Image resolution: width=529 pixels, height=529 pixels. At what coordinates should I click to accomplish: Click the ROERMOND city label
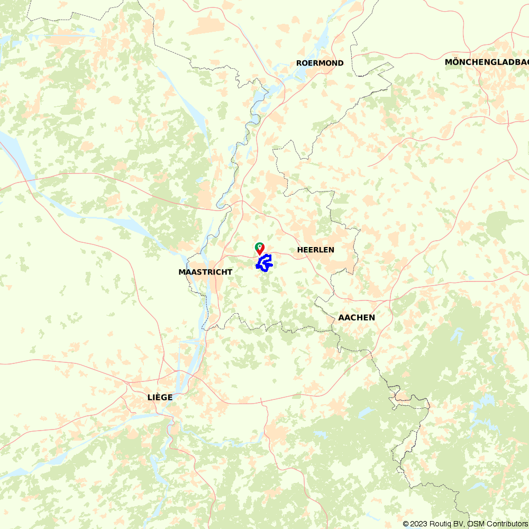coord(320,63)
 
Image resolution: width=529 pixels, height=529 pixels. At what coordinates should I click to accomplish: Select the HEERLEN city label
coord(316,250)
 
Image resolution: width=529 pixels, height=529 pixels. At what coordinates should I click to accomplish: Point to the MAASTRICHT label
coord(205,272)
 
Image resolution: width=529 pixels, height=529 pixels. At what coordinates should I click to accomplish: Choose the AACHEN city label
coord(357,317)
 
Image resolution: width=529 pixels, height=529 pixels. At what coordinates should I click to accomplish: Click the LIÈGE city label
coord(160,397)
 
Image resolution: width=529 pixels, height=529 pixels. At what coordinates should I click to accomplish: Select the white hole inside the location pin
coord(260,247)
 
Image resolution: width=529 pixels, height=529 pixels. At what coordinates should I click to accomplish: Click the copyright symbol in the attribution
coord(406,524)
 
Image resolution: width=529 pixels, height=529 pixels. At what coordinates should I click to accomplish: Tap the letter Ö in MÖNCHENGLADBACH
coord(455,62)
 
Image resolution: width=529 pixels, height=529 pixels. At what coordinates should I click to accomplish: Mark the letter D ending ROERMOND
coord(341,63)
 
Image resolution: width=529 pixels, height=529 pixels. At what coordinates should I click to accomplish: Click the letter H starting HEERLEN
coord(300,250)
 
